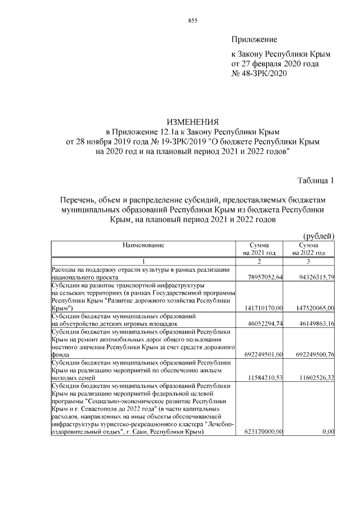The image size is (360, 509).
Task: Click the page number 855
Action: [192, 21]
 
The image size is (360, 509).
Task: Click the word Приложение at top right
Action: [255, 39]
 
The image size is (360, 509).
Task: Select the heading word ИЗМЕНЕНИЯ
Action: [192, 121]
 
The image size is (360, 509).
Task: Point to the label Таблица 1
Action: [316, 181]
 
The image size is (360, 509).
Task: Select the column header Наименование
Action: [143, 246]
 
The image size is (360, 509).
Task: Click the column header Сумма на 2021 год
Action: [259, 250]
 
